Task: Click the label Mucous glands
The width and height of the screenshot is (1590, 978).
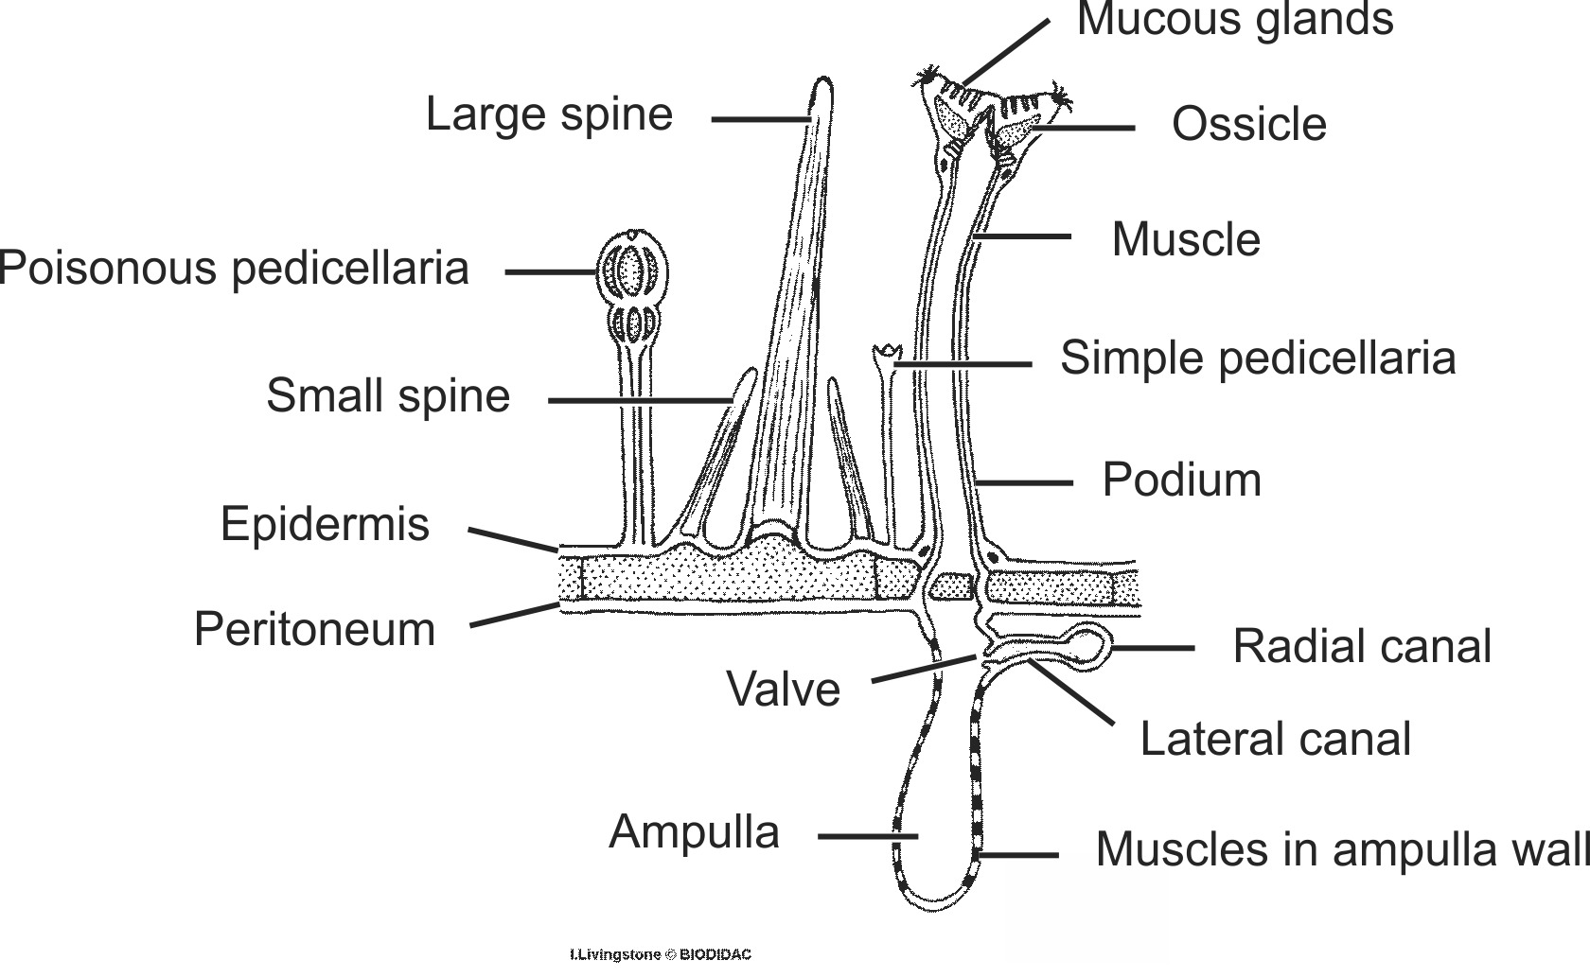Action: click(1234, 20)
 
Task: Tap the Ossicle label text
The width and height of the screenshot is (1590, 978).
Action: click(1248, 125)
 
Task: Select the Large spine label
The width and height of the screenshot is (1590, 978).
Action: click(549, 114)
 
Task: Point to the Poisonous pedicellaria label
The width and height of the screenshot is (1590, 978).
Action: click(235, 269)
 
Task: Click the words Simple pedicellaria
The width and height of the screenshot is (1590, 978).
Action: click(1257, 358)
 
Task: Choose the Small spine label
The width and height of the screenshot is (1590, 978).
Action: click(388, 395)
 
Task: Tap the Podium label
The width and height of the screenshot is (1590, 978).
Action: click(1181, 480)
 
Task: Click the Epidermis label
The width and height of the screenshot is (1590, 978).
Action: click(325, 524)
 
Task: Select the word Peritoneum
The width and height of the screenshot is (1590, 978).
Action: click(314, 629)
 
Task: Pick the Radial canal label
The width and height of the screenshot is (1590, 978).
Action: click(1361, 647)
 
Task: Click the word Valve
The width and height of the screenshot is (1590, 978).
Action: click(783, 689)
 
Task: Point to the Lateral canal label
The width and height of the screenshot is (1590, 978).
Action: click(1275, 739)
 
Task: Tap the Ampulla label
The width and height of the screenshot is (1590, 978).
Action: click(694, 832)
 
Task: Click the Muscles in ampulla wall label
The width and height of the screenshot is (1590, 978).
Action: click(1342, 849)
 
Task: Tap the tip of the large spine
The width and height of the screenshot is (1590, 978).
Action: click(821, 87)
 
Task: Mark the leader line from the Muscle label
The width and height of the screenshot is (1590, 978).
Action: click(1022, 236)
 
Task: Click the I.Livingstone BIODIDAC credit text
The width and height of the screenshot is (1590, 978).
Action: click(660, 955)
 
